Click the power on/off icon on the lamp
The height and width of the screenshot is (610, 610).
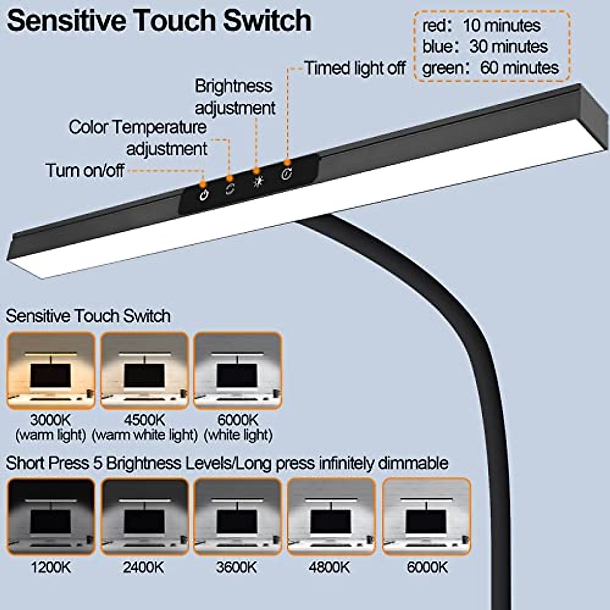[x=204, y=196]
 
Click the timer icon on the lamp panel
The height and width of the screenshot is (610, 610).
[x=287, y=174]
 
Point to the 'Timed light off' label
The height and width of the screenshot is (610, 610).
[x=355, y=68]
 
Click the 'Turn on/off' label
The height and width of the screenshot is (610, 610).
[x=85, y=170]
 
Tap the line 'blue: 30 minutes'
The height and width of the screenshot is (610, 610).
[x=485, y=47]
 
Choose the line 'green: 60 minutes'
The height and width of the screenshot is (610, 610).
[x=491, y=68]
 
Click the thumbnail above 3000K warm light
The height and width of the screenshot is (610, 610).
[x=51, y=371]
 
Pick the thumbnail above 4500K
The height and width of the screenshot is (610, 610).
[x=144, y=371]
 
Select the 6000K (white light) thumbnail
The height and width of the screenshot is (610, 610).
[x=238, y=371]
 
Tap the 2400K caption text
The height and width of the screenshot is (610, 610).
[x=144, y=567]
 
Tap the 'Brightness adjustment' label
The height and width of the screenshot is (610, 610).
[x=235, y=97]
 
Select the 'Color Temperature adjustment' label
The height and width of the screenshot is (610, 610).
[x=138, y=138]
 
